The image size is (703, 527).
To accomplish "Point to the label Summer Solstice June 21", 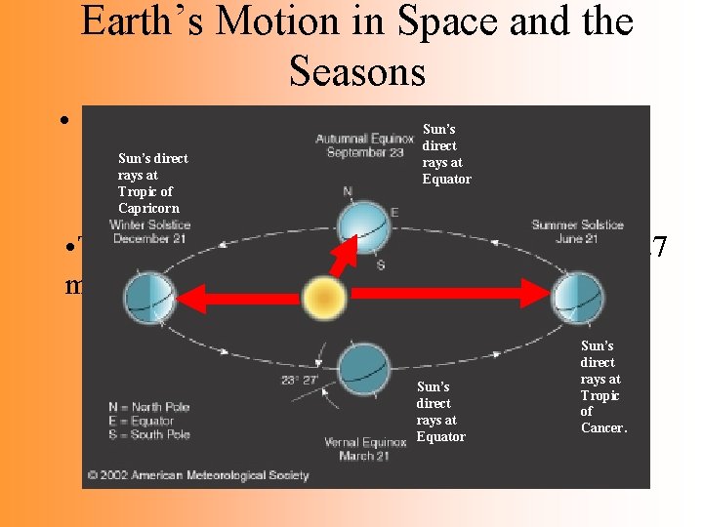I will click(577, 232).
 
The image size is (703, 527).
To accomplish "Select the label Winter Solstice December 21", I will click(149, 232).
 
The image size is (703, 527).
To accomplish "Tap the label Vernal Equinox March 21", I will click(364, 450).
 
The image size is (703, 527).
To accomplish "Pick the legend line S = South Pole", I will click(151, 434).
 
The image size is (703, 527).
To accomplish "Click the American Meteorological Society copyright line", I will click(197, 475).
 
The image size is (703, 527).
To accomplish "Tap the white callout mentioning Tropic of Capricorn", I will click(153, 182).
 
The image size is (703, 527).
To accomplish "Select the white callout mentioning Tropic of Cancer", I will click(600, 386).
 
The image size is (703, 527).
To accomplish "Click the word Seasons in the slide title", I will click(357, 71).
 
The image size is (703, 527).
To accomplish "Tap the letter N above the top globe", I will click(348, 191).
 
